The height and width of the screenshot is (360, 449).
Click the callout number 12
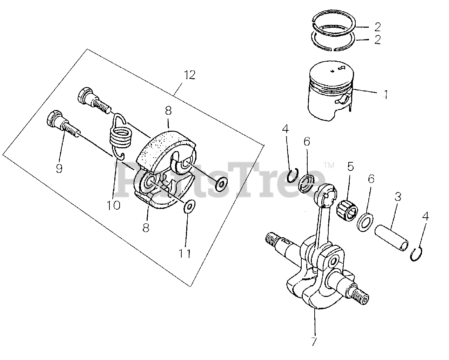189,75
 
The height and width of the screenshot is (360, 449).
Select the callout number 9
59,169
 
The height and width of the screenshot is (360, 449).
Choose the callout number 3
397,197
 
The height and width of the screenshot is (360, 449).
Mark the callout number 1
386,94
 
